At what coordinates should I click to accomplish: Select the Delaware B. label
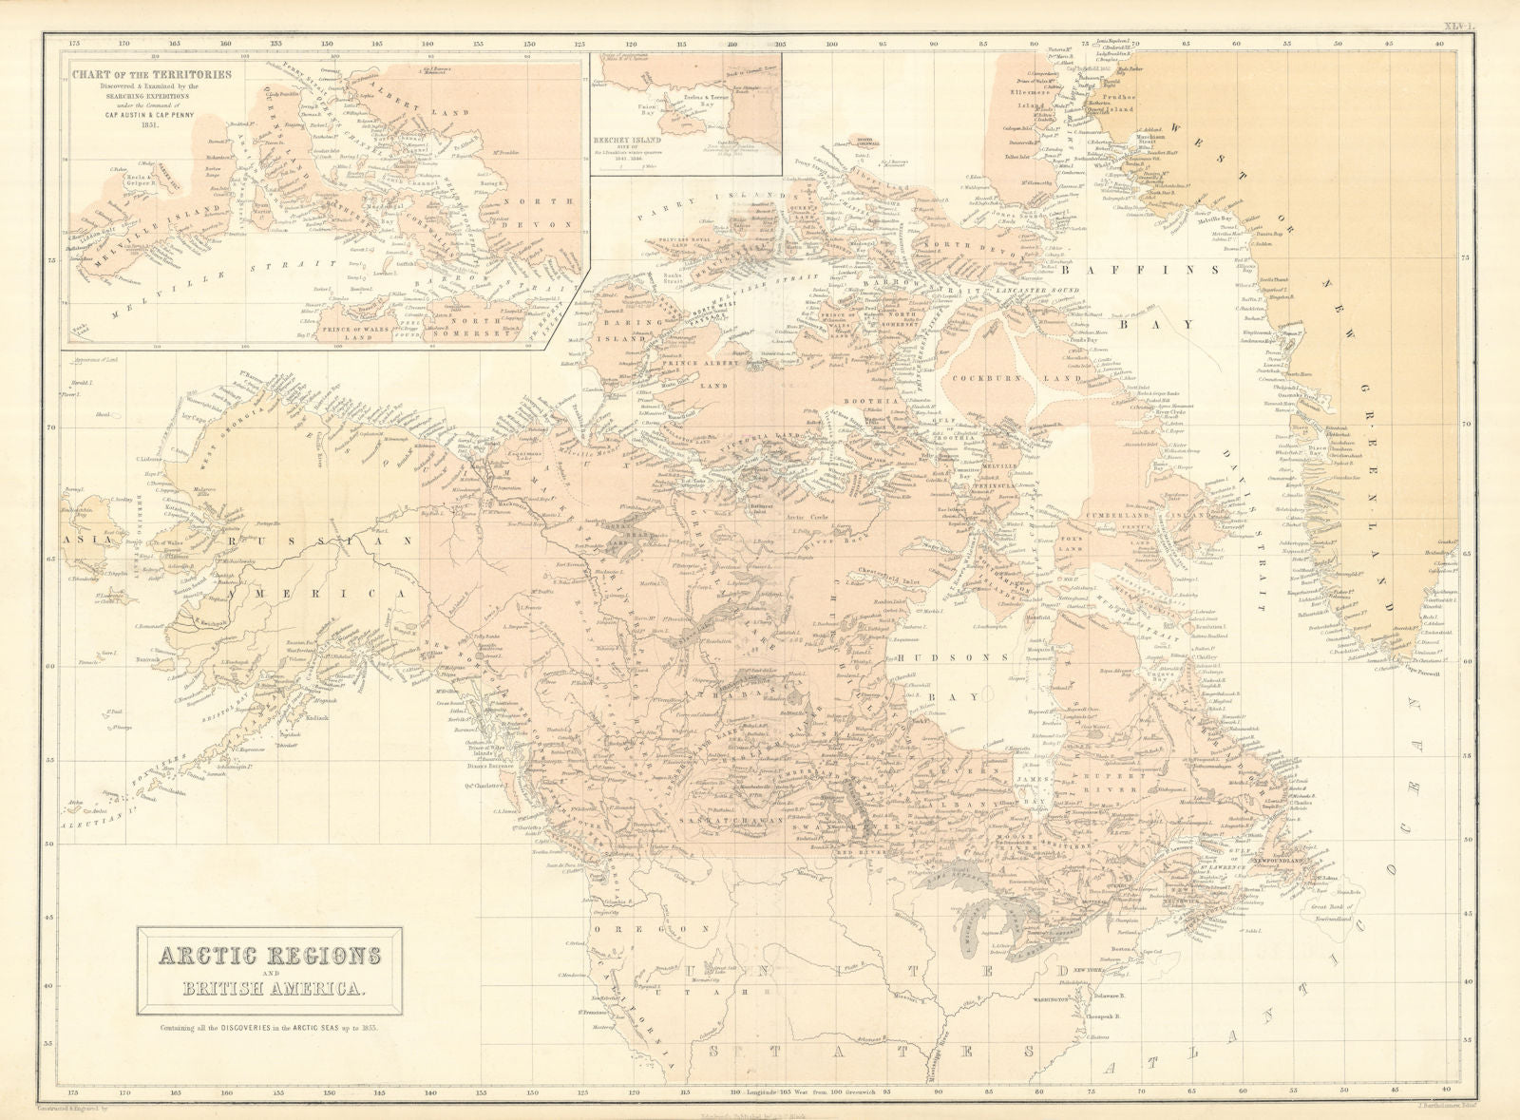(x=1111, y=997)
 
